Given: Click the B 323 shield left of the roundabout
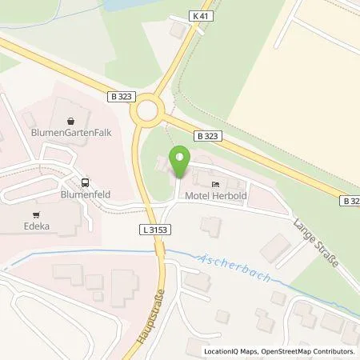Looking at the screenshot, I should (118, 96).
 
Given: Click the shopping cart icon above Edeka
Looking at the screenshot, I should (37, 214).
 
